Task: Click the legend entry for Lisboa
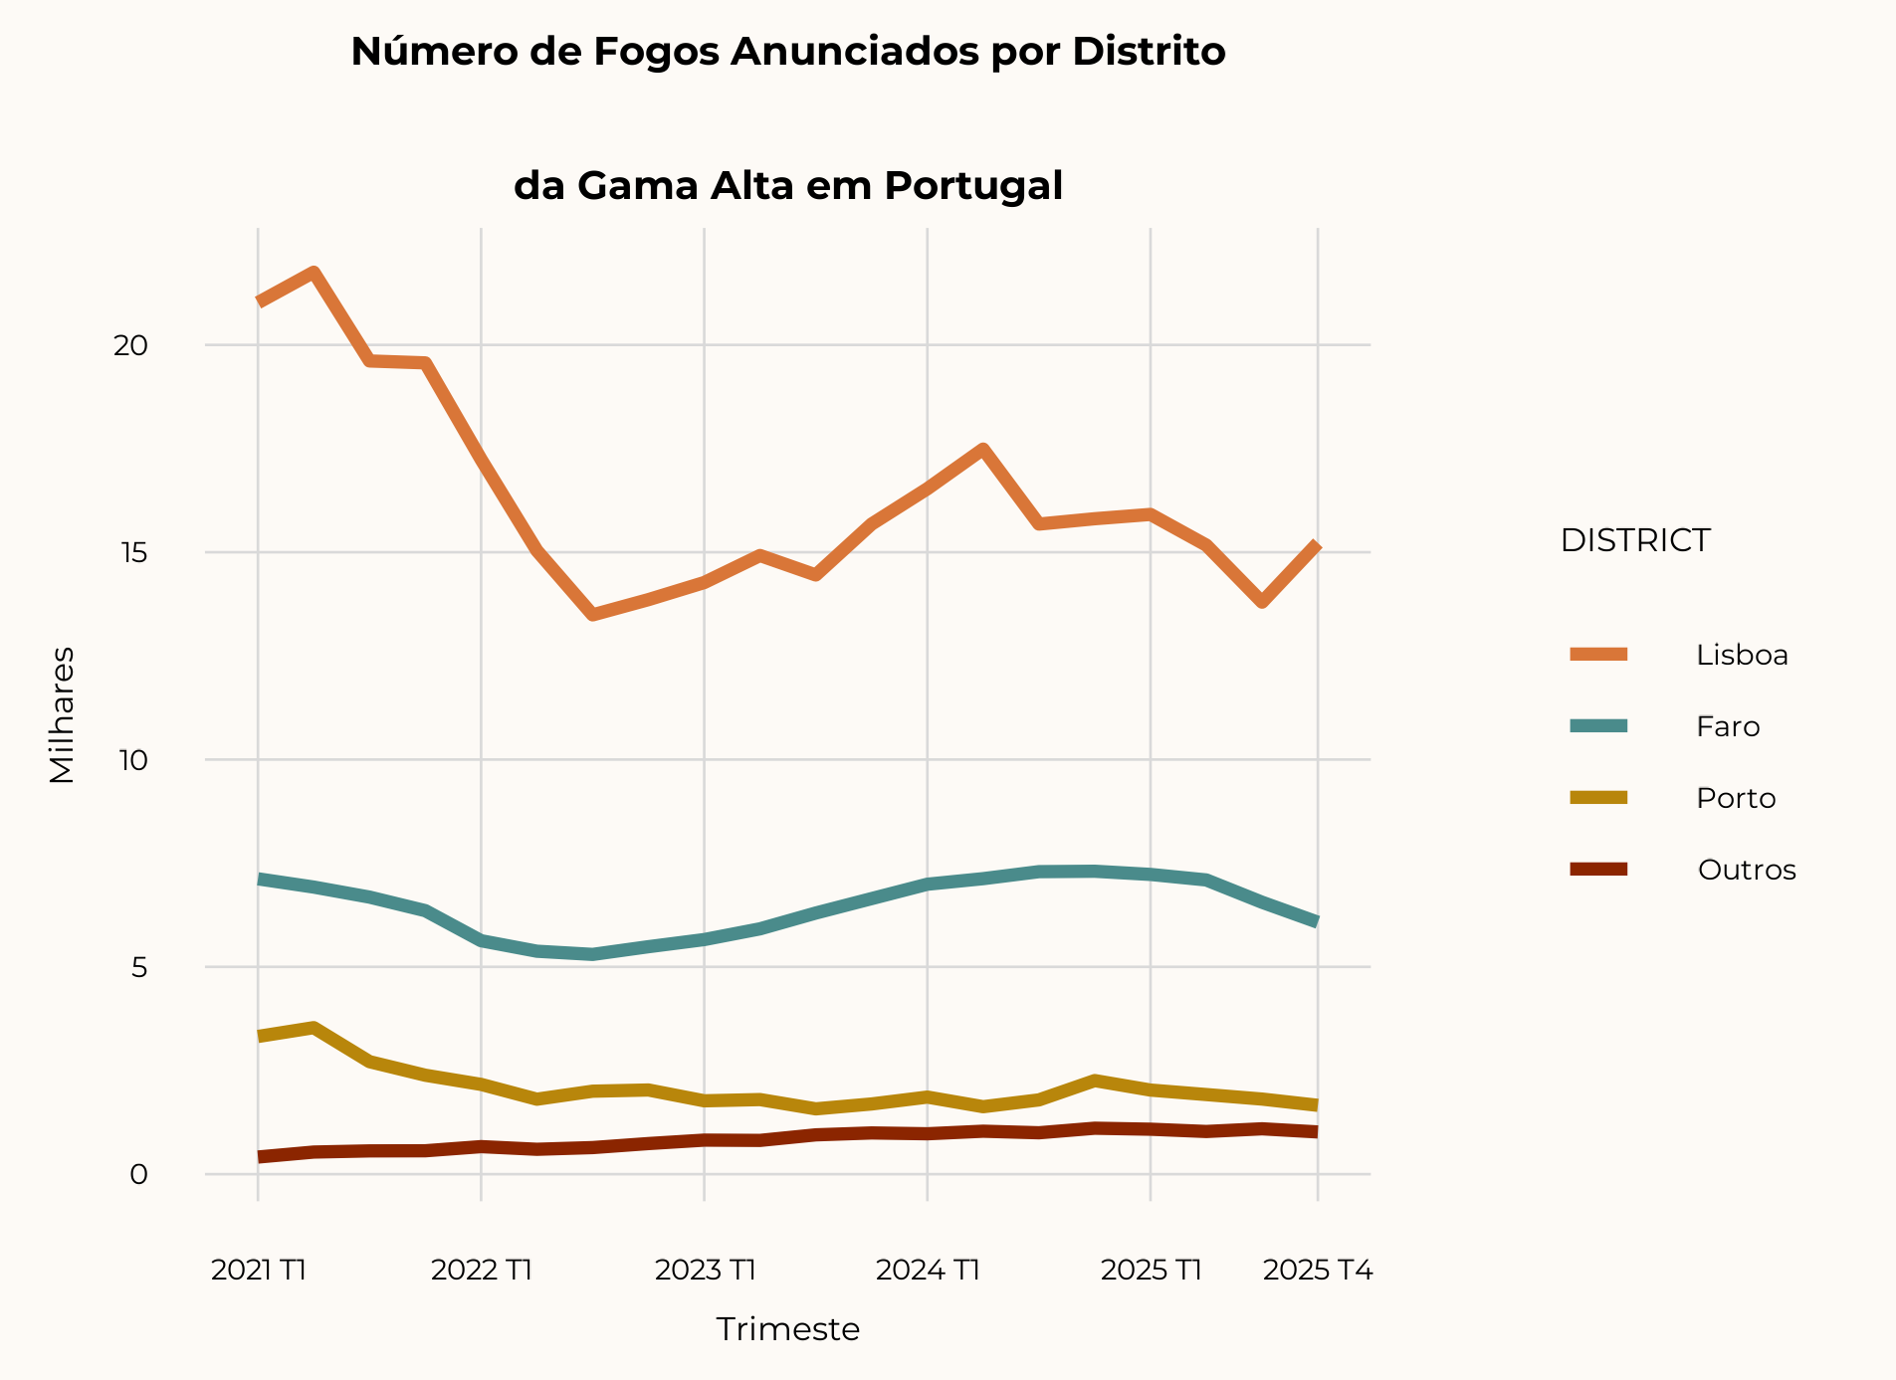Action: point(1741,655)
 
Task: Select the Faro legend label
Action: point(1728,726)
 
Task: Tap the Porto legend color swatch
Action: point(1598,798)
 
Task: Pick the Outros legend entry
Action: point(1746,870)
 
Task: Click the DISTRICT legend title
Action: point(1634,540)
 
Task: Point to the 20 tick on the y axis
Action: point(130,345)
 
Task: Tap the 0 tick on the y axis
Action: point(138,1174)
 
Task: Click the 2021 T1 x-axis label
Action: point(258,1271)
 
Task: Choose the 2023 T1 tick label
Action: point(705,1271)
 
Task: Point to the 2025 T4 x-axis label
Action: point(1317,1271)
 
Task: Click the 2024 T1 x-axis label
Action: point(928,1271)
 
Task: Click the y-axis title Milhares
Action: point(62,714)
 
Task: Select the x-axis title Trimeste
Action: point(787,1329)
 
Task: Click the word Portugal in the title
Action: point(972,186)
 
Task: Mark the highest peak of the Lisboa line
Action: point(314,272)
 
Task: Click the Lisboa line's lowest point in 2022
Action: point(593,615)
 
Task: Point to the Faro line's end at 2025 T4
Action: point(1316,922)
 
